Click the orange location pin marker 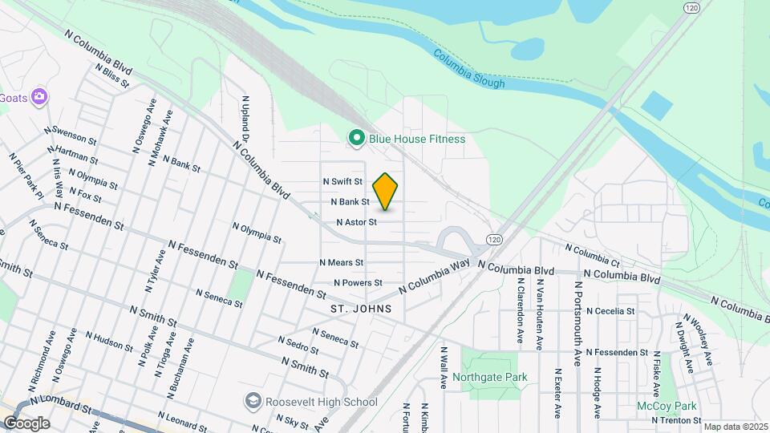pos(386,192)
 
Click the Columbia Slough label pos(469,71)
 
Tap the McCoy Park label pos(661,407)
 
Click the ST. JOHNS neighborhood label pos(360,308)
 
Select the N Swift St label pos(342,182)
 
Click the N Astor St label pos(356,222)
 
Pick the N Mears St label pos(342,262)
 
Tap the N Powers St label pos(358,283)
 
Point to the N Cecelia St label pos(610,311)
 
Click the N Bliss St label pos(111,75)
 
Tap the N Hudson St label pos(108,342)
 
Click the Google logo pos(26,423)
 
